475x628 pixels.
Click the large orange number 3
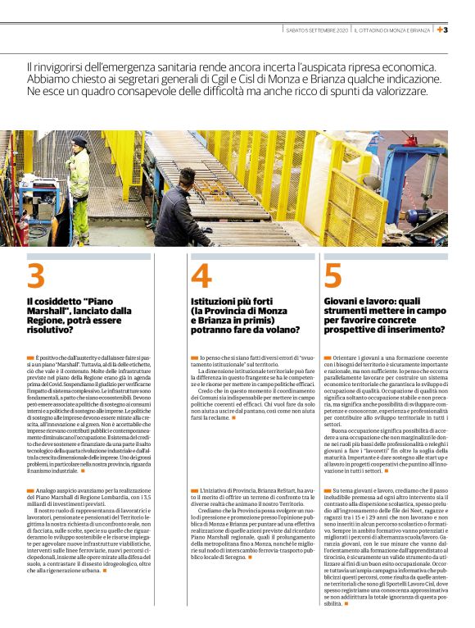click(x=36, y=277)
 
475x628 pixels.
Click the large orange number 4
click(x=201, y=277)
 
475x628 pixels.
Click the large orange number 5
click(x=332, y=277)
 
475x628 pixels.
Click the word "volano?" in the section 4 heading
click(x=278, y=330)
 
